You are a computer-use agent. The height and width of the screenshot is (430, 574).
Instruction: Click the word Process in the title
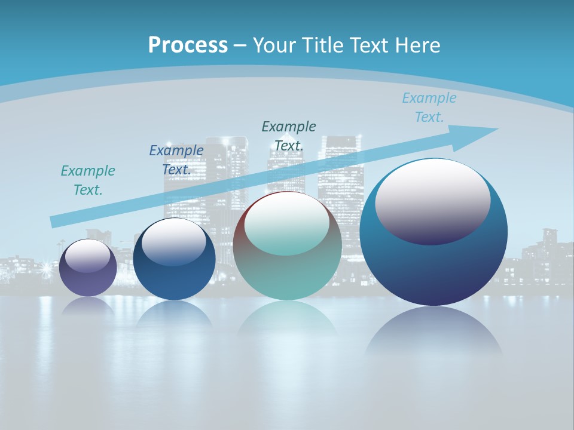[188, 45]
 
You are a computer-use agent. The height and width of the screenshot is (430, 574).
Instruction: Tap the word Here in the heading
[417, 45]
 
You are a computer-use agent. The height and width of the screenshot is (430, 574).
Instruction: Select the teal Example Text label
[88, 180]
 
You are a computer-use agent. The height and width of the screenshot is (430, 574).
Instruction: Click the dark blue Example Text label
[176, 160]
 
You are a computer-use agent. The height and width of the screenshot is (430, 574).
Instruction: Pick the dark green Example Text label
[289, 136]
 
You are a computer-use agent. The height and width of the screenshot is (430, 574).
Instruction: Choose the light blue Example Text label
[429, 107]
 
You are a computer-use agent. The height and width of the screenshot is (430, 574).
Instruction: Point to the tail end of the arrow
[54, 222]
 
